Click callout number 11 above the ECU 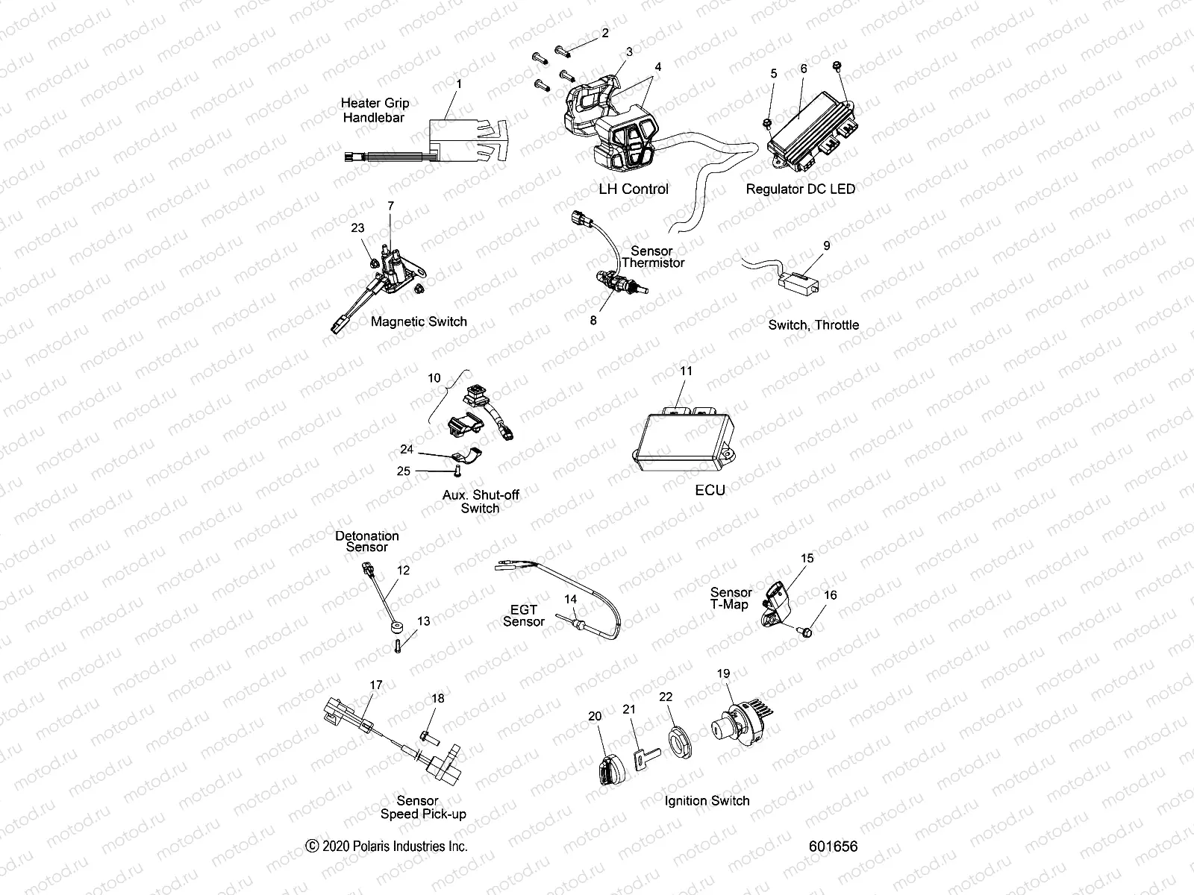(x=686, y=371)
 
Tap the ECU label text (x=710, y=490)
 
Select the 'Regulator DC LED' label (x=800, y=189)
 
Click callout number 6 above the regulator (x=804, y=69)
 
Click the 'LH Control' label (x=634, y=189)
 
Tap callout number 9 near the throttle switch (x=826, y=245)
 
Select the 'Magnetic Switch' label (x=419, y=321)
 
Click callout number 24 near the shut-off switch (x=407, y=449)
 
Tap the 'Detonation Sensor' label (x=366, y=541)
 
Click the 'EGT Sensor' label (x=523, y=615)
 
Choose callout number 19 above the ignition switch (x=723, y=673)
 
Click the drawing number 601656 (x=833, y=847)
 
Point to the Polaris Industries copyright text (x=387, y=846)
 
